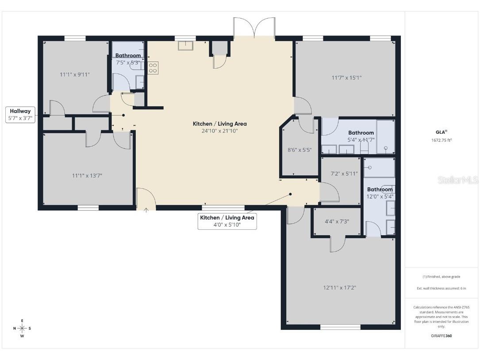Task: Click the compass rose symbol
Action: coord(22,328)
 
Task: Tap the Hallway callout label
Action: coord(20,115)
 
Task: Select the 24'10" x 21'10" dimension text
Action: coord(219,131)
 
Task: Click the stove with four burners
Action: coord(153,68)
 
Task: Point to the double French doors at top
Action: coord(254,27)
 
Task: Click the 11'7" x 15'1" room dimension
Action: coord(346,77)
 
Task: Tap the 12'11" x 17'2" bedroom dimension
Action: coord(339,287)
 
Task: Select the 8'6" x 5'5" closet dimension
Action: coord(300,150)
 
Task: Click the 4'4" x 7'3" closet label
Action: coord(337,221)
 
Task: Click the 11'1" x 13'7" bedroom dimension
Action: coord(87,175)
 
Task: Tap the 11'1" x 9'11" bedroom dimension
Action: coord(75,74)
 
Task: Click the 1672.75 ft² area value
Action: coord(441,140)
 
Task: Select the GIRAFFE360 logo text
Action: coord(441,336)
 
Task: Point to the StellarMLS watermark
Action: coord(457,180)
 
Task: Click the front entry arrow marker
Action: coord(146,209)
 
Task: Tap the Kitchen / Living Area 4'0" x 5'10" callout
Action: coord(227,221)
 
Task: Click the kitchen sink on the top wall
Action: coord(185,45)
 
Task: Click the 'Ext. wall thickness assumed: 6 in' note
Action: coord(441,288)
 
